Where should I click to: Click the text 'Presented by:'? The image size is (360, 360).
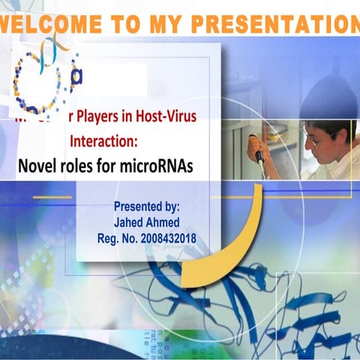146,206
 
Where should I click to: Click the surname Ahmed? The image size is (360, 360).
165,223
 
